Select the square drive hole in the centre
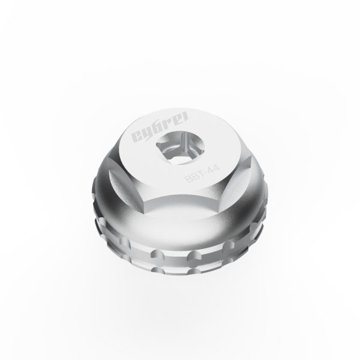(180, 148)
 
